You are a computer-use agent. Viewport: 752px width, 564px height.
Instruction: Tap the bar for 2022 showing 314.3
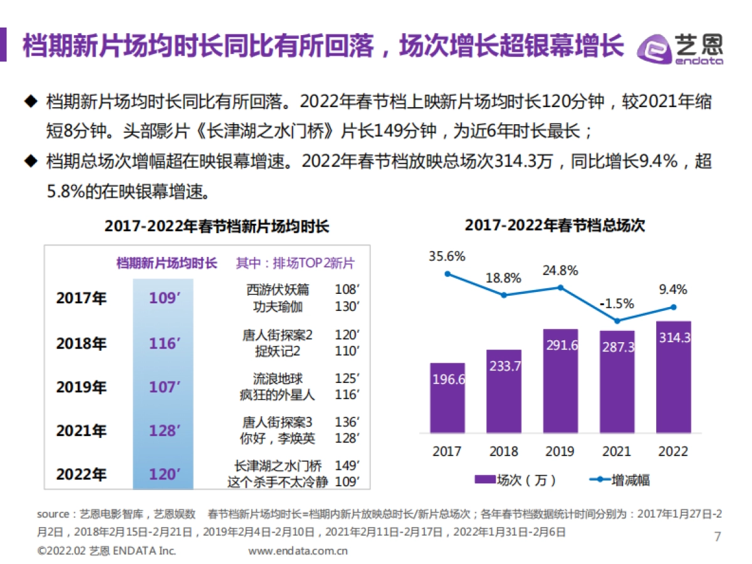pos(674,377)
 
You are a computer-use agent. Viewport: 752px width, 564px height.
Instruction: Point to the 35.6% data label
pos(447,256)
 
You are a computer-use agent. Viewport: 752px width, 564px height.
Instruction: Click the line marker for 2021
pos(617,321)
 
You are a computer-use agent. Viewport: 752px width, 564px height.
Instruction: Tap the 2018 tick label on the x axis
pos(504,451)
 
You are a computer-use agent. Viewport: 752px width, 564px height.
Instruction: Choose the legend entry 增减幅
pos(620,480)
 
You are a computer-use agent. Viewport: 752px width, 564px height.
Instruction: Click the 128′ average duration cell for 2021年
pos(164,431)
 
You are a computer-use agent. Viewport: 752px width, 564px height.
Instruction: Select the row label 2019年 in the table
pos(81,387)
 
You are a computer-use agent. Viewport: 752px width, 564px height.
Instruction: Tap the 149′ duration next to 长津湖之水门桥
pos(347,466)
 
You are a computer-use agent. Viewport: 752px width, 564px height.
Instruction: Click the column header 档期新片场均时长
pos(166,263)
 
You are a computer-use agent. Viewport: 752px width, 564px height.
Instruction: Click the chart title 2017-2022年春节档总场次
pos(555,225)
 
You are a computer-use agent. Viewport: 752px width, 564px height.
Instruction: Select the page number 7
pos(718,536)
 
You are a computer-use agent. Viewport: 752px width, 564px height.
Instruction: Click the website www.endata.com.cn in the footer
pos(298,551)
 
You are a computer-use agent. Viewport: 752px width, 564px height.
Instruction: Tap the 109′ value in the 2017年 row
pos(164,298)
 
